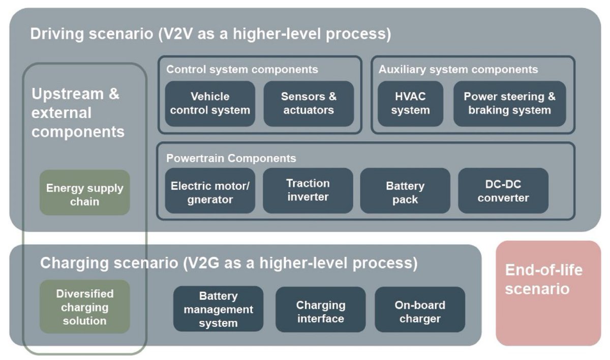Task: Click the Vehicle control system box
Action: pyautogui.click(x=210, y=103)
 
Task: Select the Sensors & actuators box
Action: pyautogui.click(x=309, y=103)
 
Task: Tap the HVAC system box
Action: pyautogui.click(x=411, y=103)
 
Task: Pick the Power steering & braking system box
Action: pyautogui.click(x=509, y=103)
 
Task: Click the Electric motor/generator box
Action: pyautogui.click(x=210, y=191)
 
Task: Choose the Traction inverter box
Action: pyautogui.click(x=308, y=190)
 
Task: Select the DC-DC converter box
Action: pyautogui.click(x=503, y=191)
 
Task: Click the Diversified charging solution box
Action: pyautogui.click(x=84, y=307)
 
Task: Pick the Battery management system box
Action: pyautogui.click(x=219, y=309)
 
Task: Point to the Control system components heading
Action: pyautogui.click(x=242, y=69)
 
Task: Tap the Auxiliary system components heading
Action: pyautogui.click(x=458, y=69)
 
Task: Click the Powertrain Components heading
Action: pyautogui.click(x=231, y=158)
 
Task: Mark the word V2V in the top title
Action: pyautogui.click(x=182, y=34)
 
